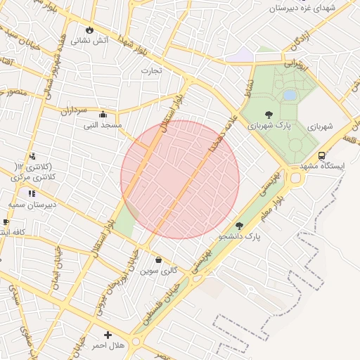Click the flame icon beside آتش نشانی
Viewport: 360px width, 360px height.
coord(89,30)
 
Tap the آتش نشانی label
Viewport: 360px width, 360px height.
coord(91,41)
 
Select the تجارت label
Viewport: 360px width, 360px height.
coord(151,70)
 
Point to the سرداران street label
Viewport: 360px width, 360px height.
coord(72,110)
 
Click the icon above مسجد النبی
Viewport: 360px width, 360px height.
coord(103,115)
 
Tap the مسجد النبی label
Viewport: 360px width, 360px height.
coord(103,125)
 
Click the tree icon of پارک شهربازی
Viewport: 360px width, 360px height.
coord(269,115)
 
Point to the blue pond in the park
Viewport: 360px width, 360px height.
coord(290,95)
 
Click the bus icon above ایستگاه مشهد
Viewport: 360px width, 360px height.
coord(321,156)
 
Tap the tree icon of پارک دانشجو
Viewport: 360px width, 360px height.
coord(239,226)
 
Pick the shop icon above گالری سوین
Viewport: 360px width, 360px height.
coord(158,259)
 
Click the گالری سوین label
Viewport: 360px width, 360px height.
coord(158,270)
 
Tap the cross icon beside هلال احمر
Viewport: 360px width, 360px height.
coord(108,335)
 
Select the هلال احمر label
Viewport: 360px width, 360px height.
coord(108,346)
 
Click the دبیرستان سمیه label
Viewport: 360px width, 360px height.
coord(32,204)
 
